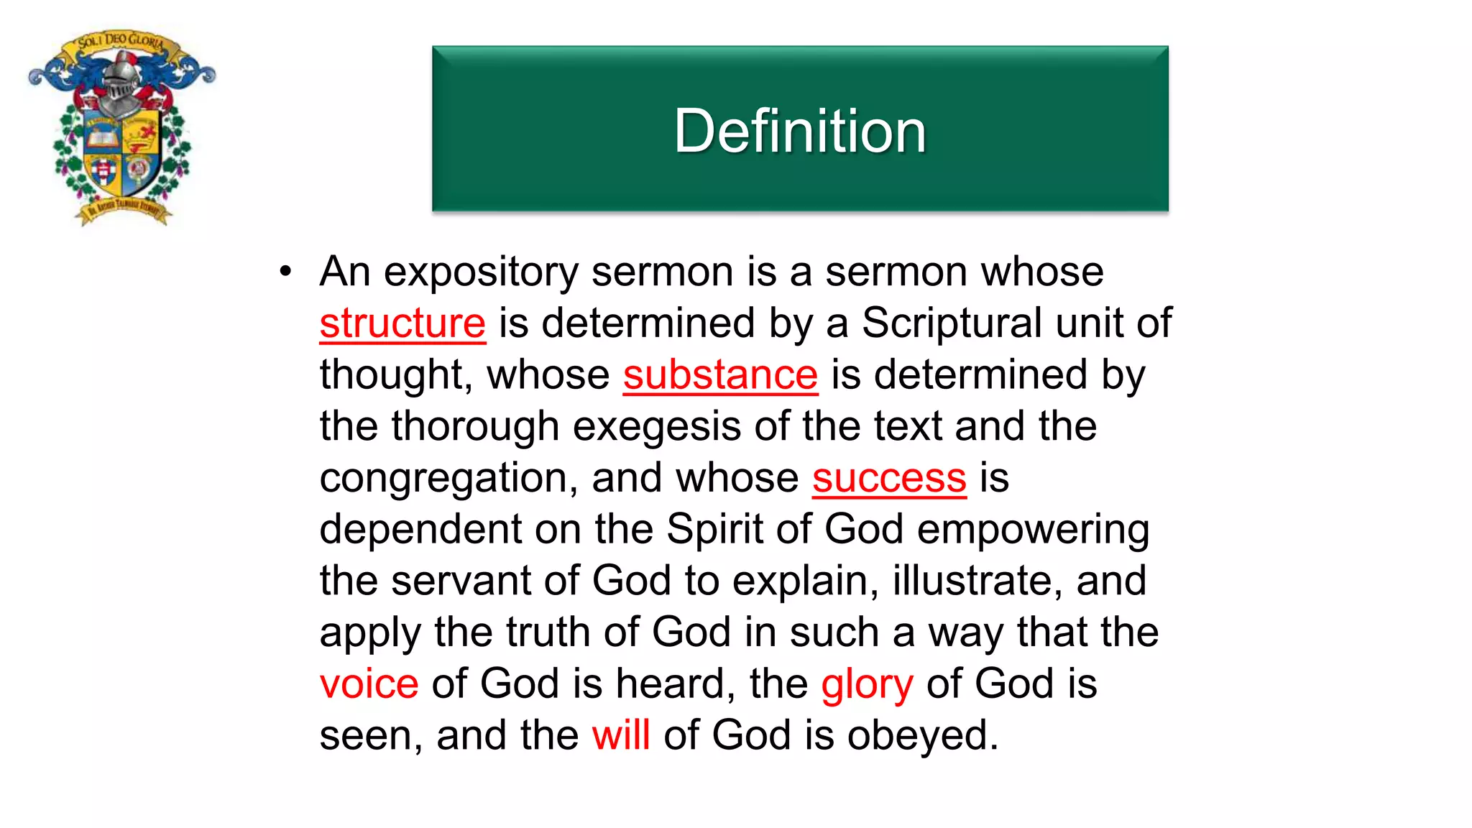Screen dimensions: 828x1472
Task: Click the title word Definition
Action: coord(799,131)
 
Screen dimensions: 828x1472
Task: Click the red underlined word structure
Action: coord(402,323)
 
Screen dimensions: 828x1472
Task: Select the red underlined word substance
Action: coord(720,375)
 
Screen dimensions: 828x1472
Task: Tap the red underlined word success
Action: coord(889,479)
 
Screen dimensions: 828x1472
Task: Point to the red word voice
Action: coord(369,684)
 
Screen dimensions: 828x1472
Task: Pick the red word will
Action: coord(621,735)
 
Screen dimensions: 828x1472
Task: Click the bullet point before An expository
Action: coord(286,272)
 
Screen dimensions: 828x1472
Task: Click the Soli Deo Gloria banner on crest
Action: coord(120,42)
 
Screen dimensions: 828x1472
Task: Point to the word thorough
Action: coord(475,427)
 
